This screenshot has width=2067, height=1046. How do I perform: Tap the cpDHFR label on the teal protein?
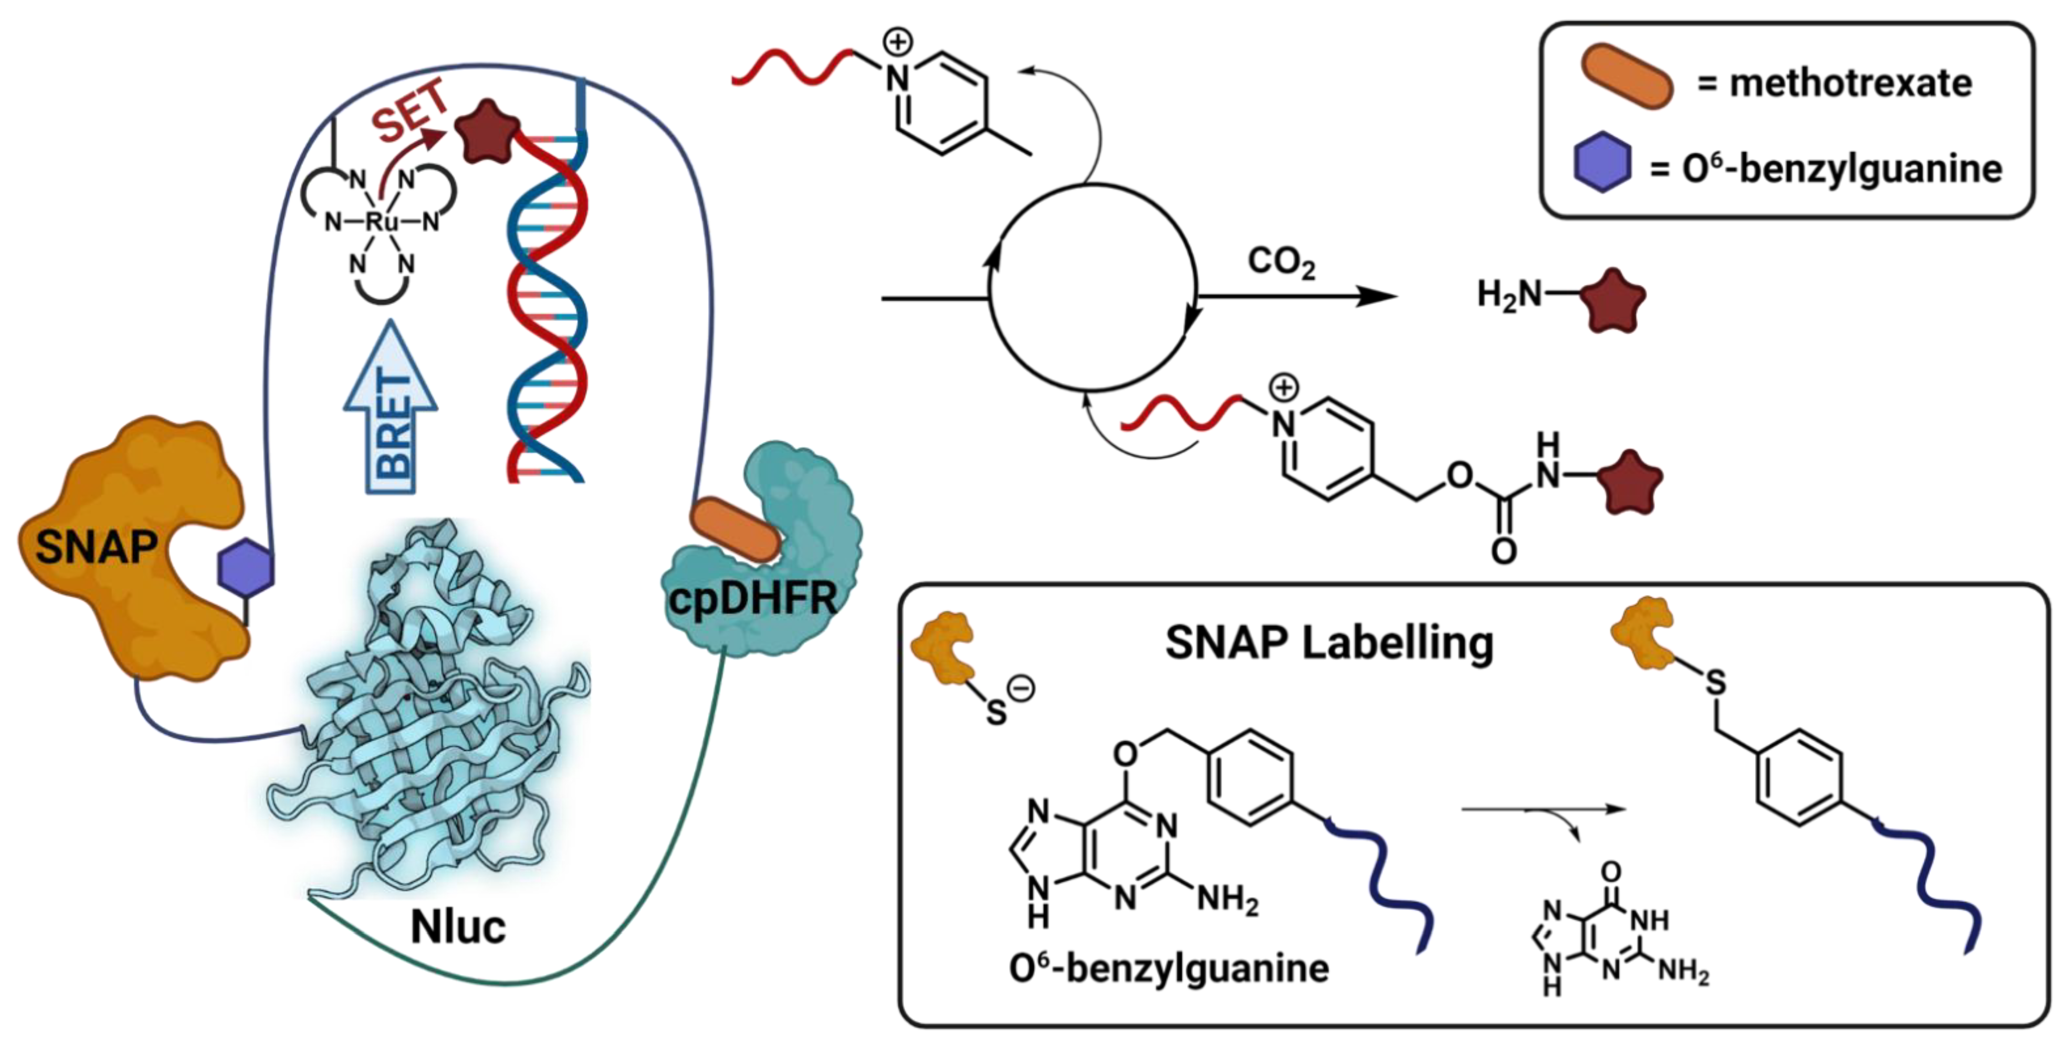coord(752,598)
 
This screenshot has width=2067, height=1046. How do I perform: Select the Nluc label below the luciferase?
coord(458,927)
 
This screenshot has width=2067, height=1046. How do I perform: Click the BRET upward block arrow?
coord(391,409)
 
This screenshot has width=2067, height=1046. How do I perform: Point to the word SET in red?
coord(411,112)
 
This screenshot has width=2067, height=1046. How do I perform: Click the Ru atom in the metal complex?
coord(381,222)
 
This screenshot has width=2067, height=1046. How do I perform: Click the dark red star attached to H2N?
coord(1613,301)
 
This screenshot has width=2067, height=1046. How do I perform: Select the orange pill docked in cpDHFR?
coord(735,528)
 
